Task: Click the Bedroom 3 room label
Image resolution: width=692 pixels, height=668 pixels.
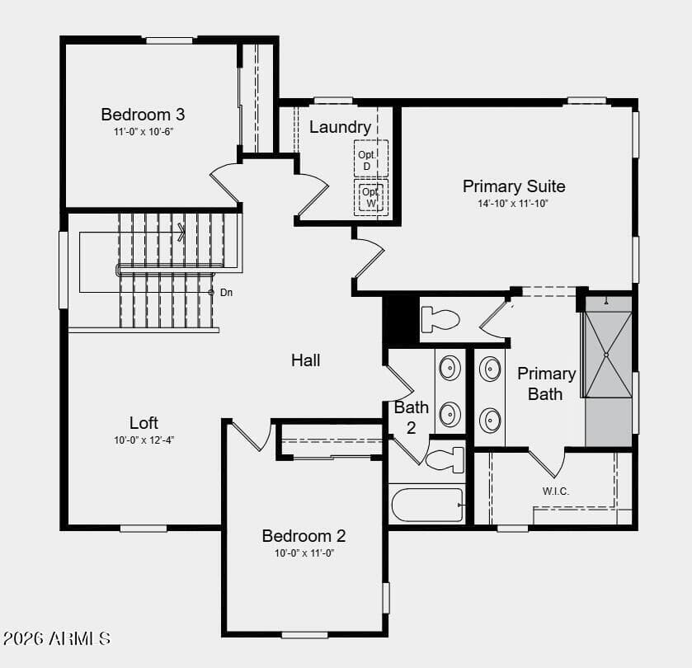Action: pyautogui.click(x=143, y=115)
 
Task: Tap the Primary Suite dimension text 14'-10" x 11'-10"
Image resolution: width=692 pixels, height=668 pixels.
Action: pyautogui.click(x=513, y=204)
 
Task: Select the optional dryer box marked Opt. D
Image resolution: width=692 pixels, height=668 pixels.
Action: pyautogui.click(x=370, y=158)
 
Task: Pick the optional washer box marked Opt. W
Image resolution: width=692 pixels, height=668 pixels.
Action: pyautogui.click(x=370, y=197)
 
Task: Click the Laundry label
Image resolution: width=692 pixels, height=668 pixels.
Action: pyautogui.click(x=340, y=127)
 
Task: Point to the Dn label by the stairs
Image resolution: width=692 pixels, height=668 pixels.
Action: pyautogui.click(x=226, y=292)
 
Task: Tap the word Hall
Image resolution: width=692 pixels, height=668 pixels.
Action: pyautogui.click(x=305, y=360)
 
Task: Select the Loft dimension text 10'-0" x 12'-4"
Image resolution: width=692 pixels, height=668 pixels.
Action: pyautogui.click(x=144, y=440)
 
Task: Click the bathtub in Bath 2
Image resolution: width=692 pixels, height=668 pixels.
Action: pyautogui.click(x=427, y=505)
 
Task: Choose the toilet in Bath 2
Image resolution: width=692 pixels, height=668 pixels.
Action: pyautogui.click(x=445, y=459)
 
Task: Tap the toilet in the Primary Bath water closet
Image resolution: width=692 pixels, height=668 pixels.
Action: pyautogui.click(x=440, y=319)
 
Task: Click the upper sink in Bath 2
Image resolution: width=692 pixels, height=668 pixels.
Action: pyautogui.click(x=450, y=368)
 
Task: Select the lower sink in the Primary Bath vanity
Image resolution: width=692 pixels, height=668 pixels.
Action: pyautogui.click(x=490, y=420)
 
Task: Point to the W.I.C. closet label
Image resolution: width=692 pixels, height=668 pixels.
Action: pyautogui.click(x=556, y=491)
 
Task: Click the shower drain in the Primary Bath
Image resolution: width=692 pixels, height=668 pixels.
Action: pyautogui.click(x=606, y=355)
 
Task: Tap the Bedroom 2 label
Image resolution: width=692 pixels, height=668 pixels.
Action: pyautogui.click(x=304, y=535)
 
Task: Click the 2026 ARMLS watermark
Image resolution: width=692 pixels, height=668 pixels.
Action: pyautogui.click(x=56, y=638)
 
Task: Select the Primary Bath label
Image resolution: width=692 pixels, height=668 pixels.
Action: pyautogui.click(x=546, y=383)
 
